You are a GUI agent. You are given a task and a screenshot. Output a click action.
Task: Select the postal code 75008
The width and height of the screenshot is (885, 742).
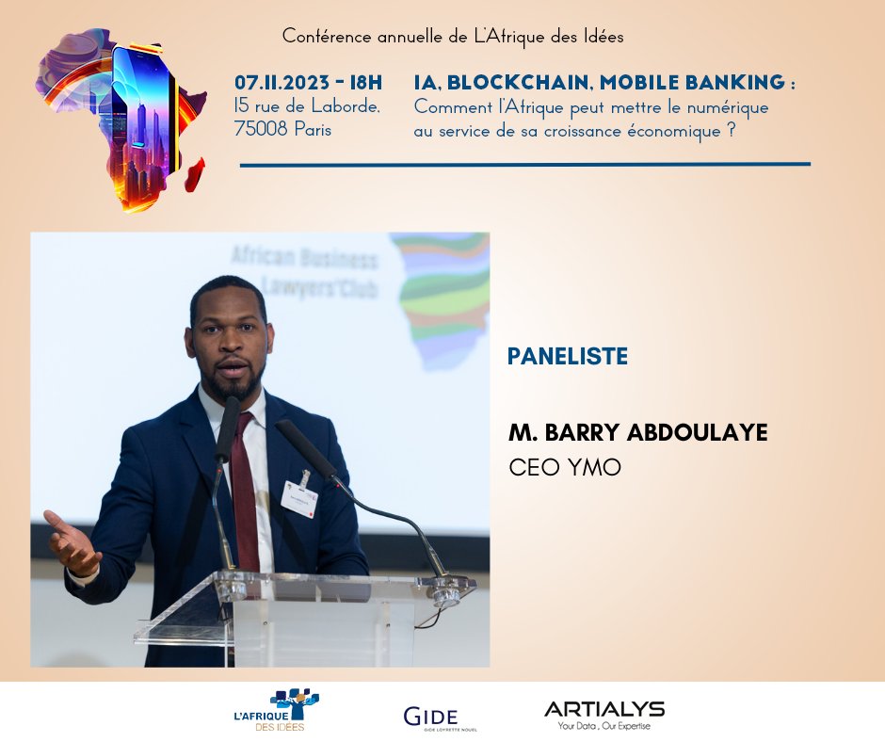point(260,130)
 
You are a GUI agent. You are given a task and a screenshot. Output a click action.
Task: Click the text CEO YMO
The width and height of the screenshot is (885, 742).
point(565,467)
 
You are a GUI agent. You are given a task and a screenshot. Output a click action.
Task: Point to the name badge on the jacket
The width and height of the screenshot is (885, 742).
point(300,493)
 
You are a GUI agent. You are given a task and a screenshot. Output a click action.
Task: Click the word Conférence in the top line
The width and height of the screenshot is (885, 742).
point(322,37)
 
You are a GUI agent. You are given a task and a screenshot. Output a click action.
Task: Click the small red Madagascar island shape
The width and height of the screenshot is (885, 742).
point(195,174)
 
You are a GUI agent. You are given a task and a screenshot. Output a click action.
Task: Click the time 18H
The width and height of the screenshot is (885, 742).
point(364,83)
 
